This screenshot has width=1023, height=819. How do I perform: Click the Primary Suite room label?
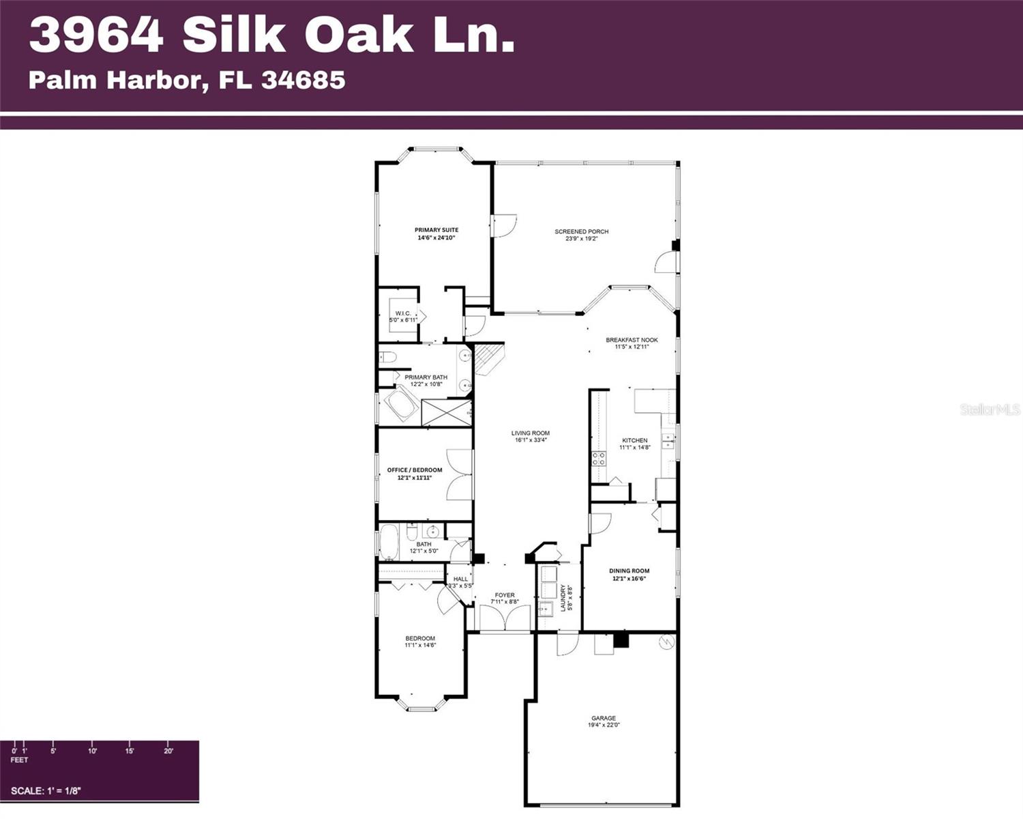(x=436, y=230)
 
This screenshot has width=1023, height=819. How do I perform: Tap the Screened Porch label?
(x=581, y=231)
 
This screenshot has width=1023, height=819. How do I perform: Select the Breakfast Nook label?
(x=632, y=340)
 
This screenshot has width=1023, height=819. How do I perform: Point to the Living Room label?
(x=531, y=433)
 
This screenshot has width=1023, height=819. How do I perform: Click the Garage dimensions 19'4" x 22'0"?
(x=604, y=725)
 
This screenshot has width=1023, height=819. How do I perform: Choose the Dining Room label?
(x=629, y=571)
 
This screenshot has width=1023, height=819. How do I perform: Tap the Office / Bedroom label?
(x=415, y=470)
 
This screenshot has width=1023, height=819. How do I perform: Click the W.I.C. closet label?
(x=403, y=313)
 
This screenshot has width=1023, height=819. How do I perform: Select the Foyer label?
(x=505, y=595)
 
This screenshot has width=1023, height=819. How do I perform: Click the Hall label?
(x=461, y=579)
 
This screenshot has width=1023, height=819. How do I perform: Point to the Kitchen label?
(x=635, y=440)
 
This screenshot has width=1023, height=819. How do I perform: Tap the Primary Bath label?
(x=426, y=377)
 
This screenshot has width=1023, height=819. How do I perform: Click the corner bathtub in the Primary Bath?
(x=400, y=405)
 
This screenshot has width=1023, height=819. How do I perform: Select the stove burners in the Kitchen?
(x=598, y=458)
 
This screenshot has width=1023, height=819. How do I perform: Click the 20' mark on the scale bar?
(x=168, y=751)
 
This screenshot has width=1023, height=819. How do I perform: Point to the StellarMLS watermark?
(x=990, y=409)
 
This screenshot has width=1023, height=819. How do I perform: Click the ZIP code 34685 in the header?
(x=303, y=80)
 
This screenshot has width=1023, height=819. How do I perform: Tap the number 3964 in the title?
(x=96, y=35)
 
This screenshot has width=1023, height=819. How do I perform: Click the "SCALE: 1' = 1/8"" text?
(x=46, y=791)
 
